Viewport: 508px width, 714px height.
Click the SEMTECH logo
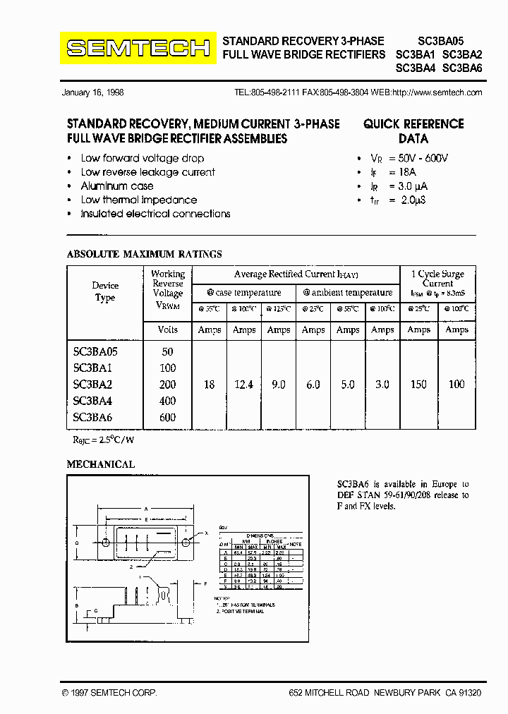[x=138, y=48]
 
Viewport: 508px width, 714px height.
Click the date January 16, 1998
[x=92, y=93]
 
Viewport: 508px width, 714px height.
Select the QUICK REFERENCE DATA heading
[x=413, y=131]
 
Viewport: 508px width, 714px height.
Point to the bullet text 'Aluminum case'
[x=117, y=186]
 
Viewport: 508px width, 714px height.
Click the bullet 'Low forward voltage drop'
[x=143, y=159]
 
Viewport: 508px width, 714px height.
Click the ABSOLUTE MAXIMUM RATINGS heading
[x=144, y=254]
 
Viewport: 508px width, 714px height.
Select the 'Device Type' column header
[x=105, y=291]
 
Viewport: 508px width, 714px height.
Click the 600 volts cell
[x=167, y=418]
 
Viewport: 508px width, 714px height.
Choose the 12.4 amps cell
[x=244, y=385]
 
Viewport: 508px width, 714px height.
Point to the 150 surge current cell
[x=418, y=385]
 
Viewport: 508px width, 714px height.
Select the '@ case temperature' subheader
[x=244, y=293]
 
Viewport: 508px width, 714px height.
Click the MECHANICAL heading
[x=100, y=464]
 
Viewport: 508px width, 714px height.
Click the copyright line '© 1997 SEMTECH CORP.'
[x=109, y=694]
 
